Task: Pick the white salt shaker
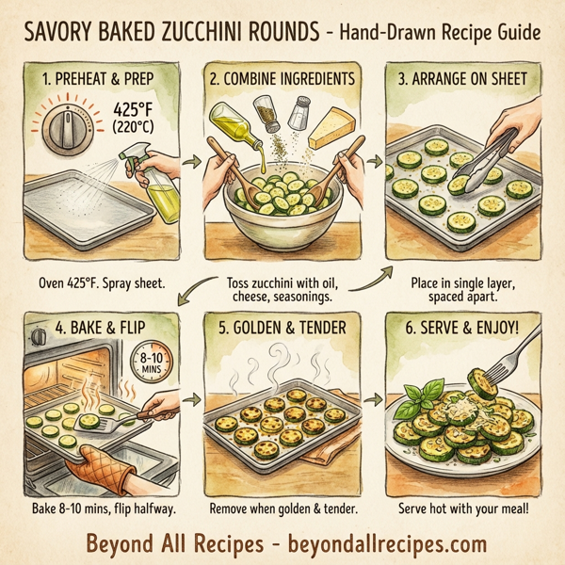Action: pyautogui.click(x=299, y=113)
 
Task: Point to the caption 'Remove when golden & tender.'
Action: pyautogui.click(x=283, y=508)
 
